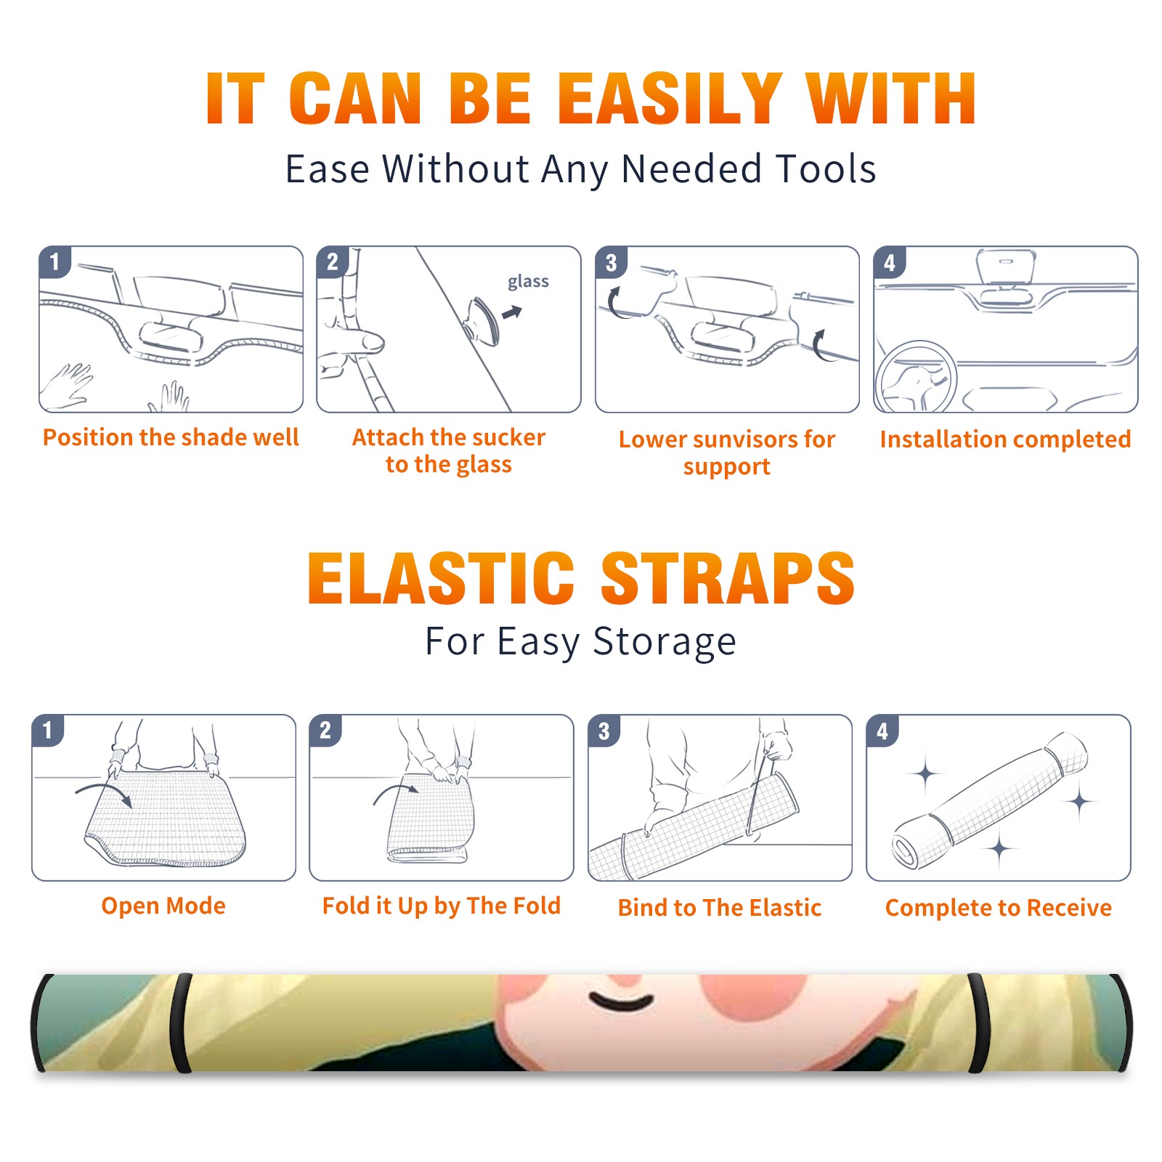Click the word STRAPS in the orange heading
coord(728,578)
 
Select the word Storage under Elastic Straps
coord(665,642)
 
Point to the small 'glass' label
coord(528,282)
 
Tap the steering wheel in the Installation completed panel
coord(916,378)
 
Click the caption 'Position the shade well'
coord(171,437)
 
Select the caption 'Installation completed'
coord(1005,439)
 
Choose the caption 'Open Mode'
coord(163,906)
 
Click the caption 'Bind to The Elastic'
coord(719,907)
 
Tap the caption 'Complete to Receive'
coord(998,908)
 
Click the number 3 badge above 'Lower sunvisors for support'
coord(611,262)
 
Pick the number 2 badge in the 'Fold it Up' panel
coord(325,730)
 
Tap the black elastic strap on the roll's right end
coord(978,1023)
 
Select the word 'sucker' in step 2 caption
coord(508,437)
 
